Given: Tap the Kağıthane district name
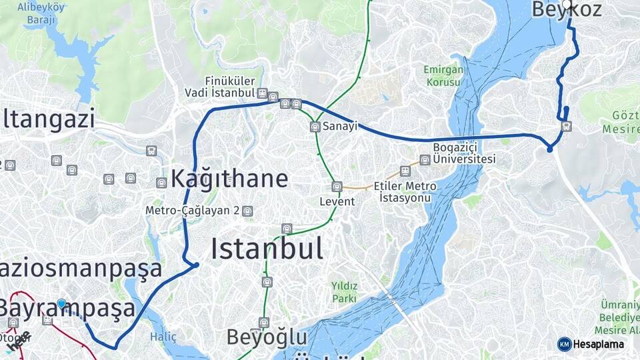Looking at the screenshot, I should pos(229,179).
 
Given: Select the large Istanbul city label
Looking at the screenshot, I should pos(267,249).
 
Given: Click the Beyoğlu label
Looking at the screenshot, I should pos(267,337).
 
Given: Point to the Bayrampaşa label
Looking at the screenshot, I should pos(67,309).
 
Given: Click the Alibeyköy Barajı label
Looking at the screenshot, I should pos(41,13).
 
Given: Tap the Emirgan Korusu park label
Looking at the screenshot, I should pos(442,75).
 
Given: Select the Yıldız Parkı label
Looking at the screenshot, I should pos(344,292).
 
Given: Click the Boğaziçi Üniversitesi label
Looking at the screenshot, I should pos(464,153).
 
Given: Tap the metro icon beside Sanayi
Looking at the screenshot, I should pos(315,127).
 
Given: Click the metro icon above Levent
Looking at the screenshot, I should pos(337,187).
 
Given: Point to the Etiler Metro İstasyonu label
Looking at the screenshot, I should pos(405,192).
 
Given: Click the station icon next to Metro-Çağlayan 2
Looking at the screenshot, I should pos(248,211).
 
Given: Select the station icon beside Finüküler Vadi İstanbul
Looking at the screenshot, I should pos(263,93).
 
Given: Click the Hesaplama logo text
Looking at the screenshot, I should pos(599,344).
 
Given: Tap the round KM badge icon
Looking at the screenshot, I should pos(564,344).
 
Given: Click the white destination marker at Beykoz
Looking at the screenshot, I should pos(567,5).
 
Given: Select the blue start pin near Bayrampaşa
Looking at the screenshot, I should pos(61,304).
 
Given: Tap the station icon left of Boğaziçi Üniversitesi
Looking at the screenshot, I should pos(425,160).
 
